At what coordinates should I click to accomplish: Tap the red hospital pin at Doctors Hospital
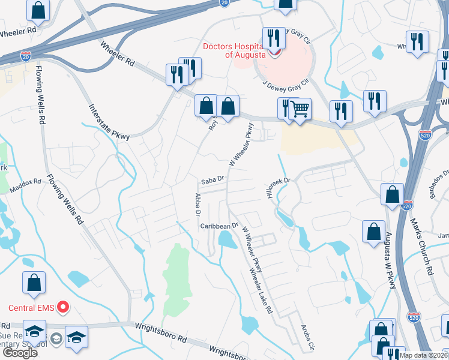[274, 52]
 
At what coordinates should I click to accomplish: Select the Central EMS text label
[31, 308]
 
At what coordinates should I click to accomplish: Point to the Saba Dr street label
[212, 179]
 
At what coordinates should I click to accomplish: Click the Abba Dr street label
[196, 204]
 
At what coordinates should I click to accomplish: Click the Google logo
[19, 352]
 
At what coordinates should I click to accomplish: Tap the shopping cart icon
[300, 109]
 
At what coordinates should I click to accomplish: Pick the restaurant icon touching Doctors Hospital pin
[274, 38]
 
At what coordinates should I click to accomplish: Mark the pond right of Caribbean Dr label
[228, 240]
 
